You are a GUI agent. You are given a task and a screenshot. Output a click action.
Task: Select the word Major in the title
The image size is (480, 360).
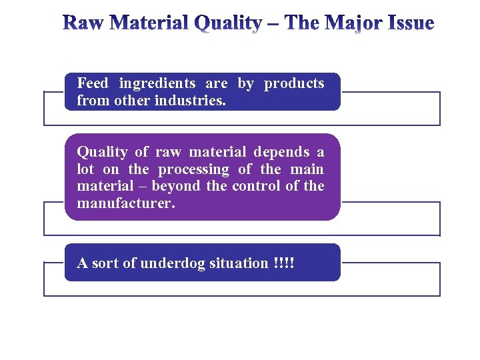click(357, 24)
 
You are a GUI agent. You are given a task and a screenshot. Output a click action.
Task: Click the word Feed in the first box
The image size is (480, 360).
click(93, 83)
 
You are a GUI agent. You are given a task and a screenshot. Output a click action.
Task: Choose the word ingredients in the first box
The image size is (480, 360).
click(157, 83)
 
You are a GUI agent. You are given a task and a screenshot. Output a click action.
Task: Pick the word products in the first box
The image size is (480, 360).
click(294, 83)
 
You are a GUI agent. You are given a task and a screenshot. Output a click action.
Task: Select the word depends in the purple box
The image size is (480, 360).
click(281, 152)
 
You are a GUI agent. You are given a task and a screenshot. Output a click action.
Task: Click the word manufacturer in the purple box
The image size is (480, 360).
click(126, 203)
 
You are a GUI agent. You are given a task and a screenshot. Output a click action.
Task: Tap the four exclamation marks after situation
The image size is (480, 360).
click(283, 263)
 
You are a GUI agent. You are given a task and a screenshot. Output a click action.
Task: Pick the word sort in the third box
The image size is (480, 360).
click(104, 263)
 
